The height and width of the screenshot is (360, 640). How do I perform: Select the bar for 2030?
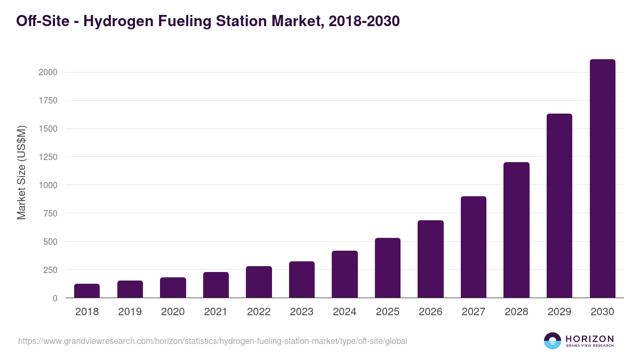pos(602,179)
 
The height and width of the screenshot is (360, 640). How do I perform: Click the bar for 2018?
pos(87,291)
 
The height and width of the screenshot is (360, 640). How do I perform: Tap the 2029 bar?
pos(559,206)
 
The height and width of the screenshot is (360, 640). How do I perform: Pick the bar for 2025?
pos(387,268)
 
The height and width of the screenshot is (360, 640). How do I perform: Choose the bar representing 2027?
pos(473,247)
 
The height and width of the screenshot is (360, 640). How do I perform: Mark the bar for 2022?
pos(259,282)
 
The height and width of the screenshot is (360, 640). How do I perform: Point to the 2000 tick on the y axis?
pos(48,73)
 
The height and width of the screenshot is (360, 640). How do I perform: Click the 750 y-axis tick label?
pos(50,213)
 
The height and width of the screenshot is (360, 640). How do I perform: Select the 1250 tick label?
pos(48,157)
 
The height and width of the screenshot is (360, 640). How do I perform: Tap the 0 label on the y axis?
pos(55,298)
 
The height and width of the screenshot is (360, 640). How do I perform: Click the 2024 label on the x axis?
pos(345,312)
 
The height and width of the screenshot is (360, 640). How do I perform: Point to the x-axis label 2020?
pos(173,312)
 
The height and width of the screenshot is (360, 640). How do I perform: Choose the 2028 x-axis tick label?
pos(516,312)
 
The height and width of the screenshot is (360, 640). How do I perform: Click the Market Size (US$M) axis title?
pos(21,172)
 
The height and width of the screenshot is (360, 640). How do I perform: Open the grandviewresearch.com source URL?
pos(213,341)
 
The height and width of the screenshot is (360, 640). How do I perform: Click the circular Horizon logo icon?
pos(552,341)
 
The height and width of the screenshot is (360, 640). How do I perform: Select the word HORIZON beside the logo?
pos(589,339)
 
